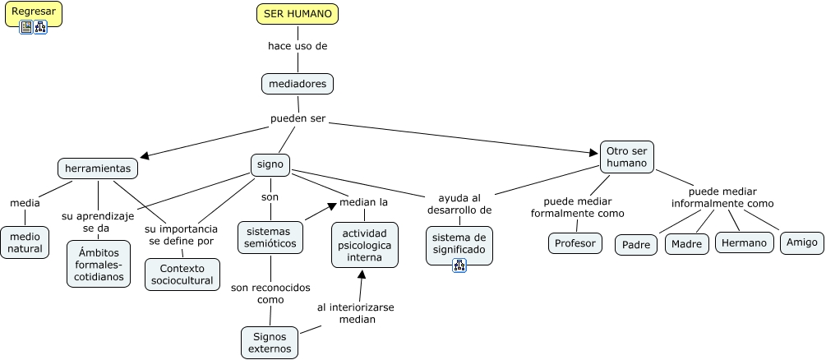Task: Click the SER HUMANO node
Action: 298,14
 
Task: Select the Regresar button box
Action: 34,12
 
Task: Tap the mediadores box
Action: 298,84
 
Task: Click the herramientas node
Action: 98,168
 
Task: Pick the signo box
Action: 270,164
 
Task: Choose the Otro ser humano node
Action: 627,156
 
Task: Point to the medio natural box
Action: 25,243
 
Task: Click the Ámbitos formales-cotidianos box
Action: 99,263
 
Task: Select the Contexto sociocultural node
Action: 182,275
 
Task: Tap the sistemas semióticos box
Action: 270,237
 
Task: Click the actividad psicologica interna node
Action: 365,244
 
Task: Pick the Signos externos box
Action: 270,342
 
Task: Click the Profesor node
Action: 575,243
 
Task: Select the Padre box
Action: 636,245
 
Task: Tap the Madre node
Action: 686,244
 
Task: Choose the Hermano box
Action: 745,242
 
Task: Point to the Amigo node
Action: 801,242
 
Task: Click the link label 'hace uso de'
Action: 298,46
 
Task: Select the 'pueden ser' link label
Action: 298,118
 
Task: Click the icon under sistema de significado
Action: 459,265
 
